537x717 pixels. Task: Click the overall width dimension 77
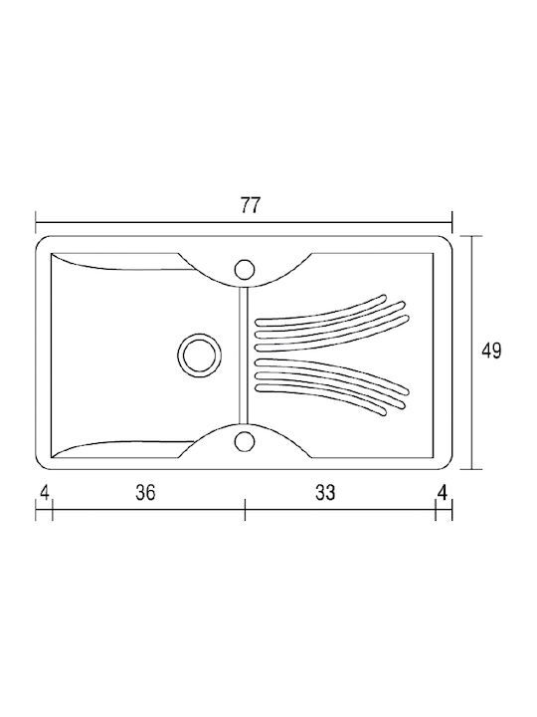250,205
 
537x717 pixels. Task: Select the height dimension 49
491,351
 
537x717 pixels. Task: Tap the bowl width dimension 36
145,493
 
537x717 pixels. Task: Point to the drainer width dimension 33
325,493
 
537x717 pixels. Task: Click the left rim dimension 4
45,493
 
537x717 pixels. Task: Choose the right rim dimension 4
442,493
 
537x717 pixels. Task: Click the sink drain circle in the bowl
200,355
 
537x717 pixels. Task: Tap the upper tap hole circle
245,269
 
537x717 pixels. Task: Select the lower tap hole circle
245,441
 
